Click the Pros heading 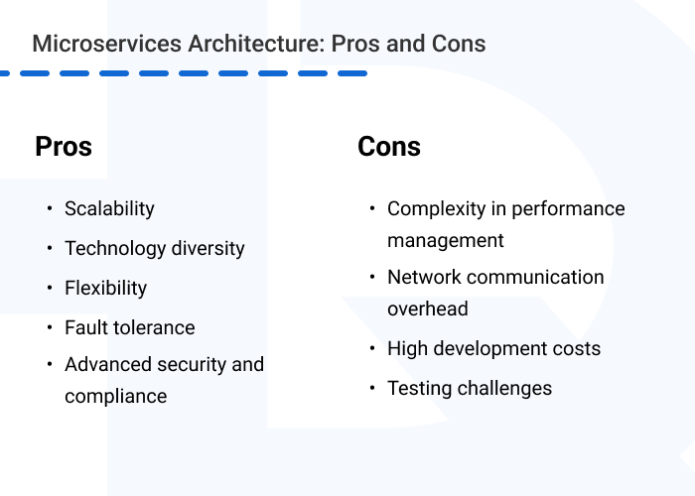(x=64, y=147)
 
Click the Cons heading (x=389, y=147)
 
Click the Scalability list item (x=109, y=209)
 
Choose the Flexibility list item (x=105, y=289)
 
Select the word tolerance (x=155, y=327)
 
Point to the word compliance (x=115, y=397)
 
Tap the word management (x=446, y=241)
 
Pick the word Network (x=425, y=278)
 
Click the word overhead (x=428, y=310)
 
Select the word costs (x=574, y=349)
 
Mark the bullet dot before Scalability (x=50, y=208)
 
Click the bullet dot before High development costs (x=372, y=348)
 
